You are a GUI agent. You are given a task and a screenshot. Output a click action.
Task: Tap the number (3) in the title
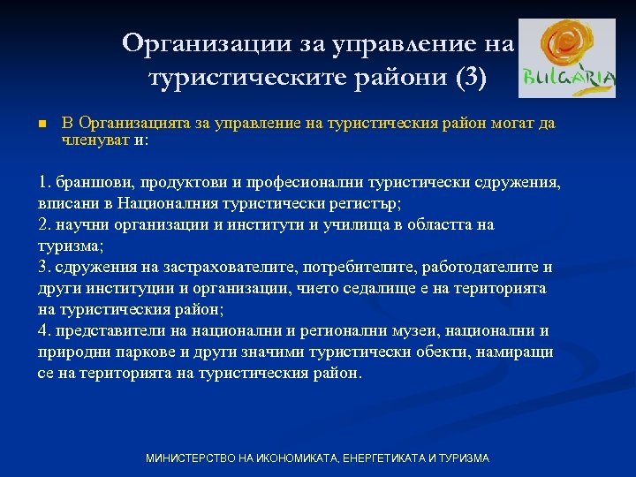[469, 78]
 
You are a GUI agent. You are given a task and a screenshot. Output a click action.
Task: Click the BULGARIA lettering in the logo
[569, 78]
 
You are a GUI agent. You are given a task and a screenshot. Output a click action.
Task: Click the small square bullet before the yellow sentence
[42, 124]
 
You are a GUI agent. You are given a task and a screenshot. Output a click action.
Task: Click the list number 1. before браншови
[45, 183]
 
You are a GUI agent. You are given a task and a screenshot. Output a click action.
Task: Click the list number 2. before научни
[45, 224]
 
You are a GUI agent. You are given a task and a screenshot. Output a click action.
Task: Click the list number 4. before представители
[45, 330]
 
